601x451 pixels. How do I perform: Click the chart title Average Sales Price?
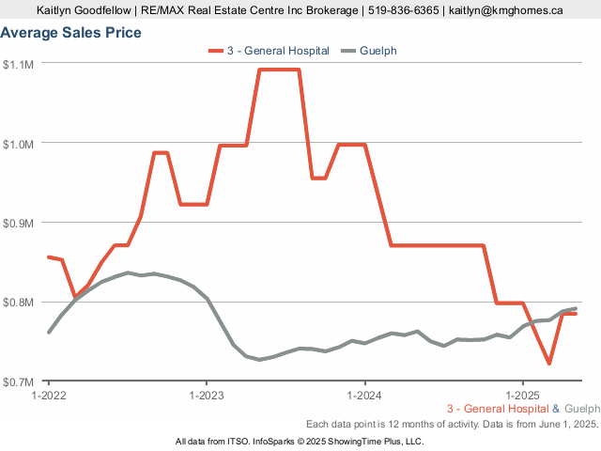pyautogui.click(x=71, y=33)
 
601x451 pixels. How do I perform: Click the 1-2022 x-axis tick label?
pyautogui.click(x=49, y=395)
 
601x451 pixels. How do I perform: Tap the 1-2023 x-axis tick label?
pyautogui.click(x=207, y=395)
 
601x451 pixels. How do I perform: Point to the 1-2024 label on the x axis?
pyautogui.click(x=364, y=395)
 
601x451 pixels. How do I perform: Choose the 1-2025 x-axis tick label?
pyautogui.click(x=522, y=395)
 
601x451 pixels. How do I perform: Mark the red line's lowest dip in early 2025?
pyautogui.click(x=548, y=364)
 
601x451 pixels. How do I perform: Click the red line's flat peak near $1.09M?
pyautogui.click(x=279, y=70)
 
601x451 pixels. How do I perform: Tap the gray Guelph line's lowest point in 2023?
pyautogui.click(x=259, y=360)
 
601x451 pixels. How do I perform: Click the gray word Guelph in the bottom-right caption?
pyautogui.click(x=582, y=409)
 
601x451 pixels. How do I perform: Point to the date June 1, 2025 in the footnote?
pyautogui.click(x=565, y=425)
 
